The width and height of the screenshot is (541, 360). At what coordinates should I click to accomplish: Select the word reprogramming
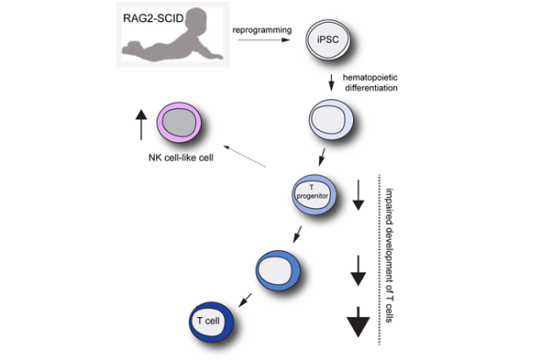[263, 31]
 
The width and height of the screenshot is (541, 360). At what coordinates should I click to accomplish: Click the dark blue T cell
[209, 321]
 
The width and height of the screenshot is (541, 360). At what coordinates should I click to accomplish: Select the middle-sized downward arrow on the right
[357, 269]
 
